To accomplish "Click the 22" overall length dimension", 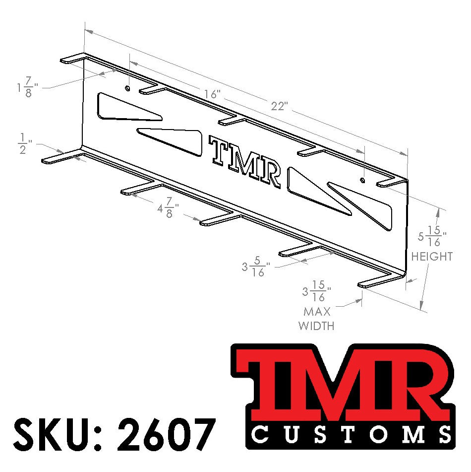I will [x=280, y=106].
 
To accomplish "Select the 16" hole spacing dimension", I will [x=212, y=94].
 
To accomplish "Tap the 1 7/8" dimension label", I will [x=26, y=87].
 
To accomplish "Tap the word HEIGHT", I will [x=432, y=257].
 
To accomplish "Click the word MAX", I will [x=317, y=312].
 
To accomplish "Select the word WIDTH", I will [x=316, y=326].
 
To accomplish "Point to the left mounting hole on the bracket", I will [x=128, y=88].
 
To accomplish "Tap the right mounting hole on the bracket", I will [x=363, y=180].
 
